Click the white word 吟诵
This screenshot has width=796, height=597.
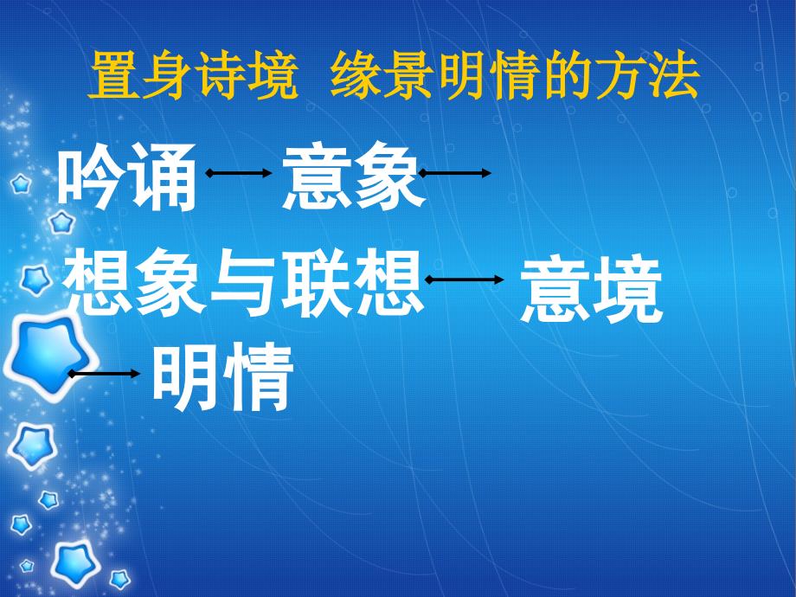pos(127,177)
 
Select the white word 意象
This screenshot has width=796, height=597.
pos(353,177)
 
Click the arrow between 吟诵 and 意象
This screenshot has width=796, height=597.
pos(239,173)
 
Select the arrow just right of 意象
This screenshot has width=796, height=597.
pos(455,173)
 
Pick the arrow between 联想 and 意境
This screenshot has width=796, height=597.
pos(465,279)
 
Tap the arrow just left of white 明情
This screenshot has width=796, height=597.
pos(104,374)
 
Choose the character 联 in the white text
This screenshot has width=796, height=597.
pos(317,282)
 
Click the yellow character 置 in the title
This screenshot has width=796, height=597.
pos(115,75)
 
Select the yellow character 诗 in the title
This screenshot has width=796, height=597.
pos(220,75)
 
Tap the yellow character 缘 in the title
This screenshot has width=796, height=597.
pos(356,75)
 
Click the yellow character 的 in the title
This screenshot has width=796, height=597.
pos(568,75)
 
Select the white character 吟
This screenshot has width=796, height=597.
pos(92,177)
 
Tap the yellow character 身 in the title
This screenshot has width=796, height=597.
pos(168,75)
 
